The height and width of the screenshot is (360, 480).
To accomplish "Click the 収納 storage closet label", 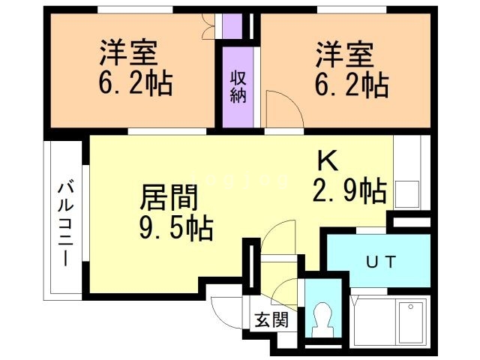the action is tap(238, 87).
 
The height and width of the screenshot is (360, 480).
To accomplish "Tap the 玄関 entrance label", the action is tap(271, 320).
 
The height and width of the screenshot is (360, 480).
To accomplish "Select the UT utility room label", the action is tap(381, 262).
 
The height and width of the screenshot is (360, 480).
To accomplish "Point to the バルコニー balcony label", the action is tap(66, 223).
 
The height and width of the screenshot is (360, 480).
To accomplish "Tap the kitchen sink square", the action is tap(406, 194).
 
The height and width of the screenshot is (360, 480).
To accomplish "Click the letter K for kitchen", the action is tap(328, 160).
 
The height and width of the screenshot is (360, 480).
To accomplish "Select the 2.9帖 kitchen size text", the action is tap(349, 190).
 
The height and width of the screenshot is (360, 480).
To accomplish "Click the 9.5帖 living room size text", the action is tap(176, 227).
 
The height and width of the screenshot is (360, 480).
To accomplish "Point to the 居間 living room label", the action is tap(169, 197).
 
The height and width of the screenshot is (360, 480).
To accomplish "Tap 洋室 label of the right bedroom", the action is tap(345, 55).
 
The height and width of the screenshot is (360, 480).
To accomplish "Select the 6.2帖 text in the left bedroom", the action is tap(136, 83).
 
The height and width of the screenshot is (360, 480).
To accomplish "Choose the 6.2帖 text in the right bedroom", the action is tap(352, 85).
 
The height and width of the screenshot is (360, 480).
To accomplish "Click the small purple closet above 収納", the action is tap(232, 26).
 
